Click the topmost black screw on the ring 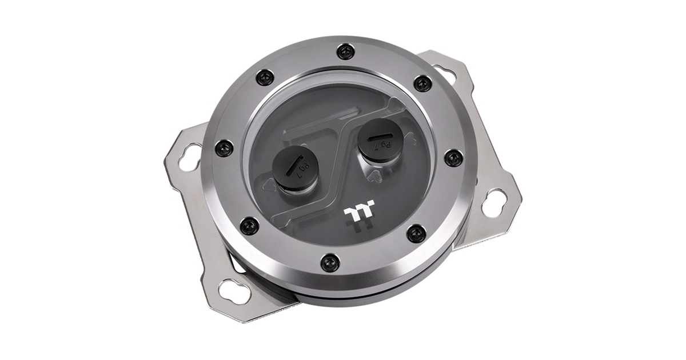(345, 52)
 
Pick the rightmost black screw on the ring (453, 157)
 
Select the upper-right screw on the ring (422, 83)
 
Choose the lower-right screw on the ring (416, 233)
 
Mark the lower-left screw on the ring (249, 226)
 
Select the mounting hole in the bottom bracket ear (234, 291)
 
